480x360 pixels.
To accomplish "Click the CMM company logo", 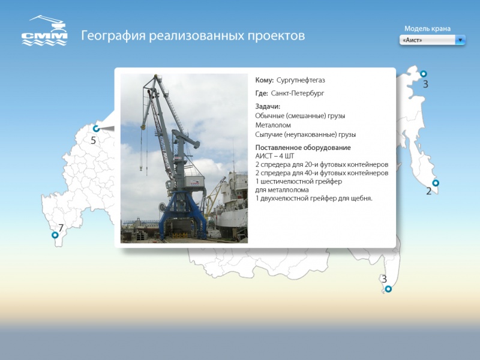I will coord(44,31).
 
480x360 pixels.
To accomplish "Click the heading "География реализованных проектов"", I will coord(193,36).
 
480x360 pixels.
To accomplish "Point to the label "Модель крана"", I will coord(427,28).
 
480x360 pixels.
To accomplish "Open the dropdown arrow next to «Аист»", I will coord(460,40).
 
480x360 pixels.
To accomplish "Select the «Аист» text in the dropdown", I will coord(413,40).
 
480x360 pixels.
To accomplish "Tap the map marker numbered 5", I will coord(96,128).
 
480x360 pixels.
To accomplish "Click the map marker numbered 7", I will coord(55,235).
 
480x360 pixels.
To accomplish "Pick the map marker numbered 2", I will coord(436,183).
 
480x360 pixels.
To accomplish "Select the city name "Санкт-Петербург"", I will coord(297,94).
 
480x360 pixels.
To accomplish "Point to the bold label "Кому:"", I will coord(265,80).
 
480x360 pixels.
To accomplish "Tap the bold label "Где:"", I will coord(262,94).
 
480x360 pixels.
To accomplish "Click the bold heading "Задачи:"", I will coord(268,107).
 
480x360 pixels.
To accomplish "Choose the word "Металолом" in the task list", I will coord(273,125).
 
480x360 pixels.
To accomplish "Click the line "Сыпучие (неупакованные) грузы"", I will coord(305,135).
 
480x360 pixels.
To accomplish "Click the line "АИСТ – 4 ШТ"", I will coord(275,156).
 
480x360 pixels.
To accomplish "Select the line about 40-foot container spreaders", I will coord(322,173).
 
